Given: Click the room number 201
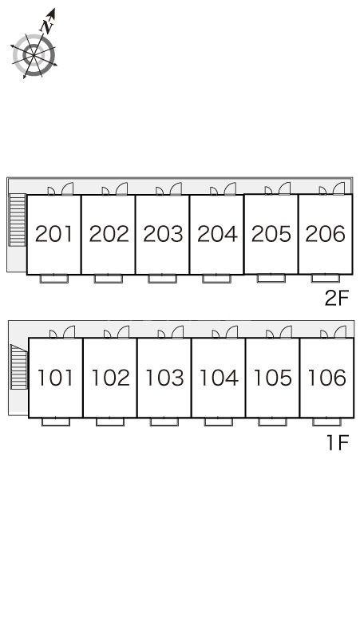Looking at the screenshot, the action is click(x=54, y=234).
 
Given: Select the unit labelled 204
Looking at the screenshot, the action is click(x=216, y=235).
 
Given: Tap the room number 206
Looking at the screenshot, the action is click(x=326, y=234).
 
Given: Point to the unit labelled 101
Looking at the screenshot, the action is click(x=56, y=377).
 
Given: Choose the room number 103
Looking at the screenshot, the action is click(x=164, y=377).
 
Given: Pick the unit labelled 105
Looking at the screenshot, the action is click(x=272, y=377).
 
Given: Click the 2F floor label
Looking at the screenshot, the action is click(x=337, y=298).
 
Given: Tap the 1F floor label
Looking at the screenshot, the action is click(x=338, y=442).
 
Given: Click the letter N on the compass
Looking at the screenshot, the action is click(x=48, y=26).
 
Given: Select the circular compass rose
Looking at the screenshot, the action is click(x=34, y=55).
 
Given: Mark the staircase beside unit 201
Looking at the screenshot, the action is click(x=18, y=220).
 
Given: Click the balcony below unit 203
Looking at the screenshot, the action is click(x=162, y=279).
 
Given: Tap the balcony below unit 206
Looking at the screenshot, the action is click(x=326, y=278).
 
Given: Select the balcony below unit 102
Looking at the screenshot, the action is click(x=110, y=422).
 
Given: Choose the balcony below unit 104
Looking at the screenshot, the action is click(x=218, y=422).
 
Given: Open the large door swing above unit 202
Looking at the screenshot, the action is click(x=122, y=188).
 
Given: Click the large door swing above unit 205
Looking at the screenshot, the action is click(x=284, y=188).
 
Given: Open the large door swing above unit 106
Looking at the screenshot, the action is click(x=340, y=332).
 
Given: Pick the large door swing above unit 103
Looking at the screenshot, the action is click(x=178, y=332).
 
